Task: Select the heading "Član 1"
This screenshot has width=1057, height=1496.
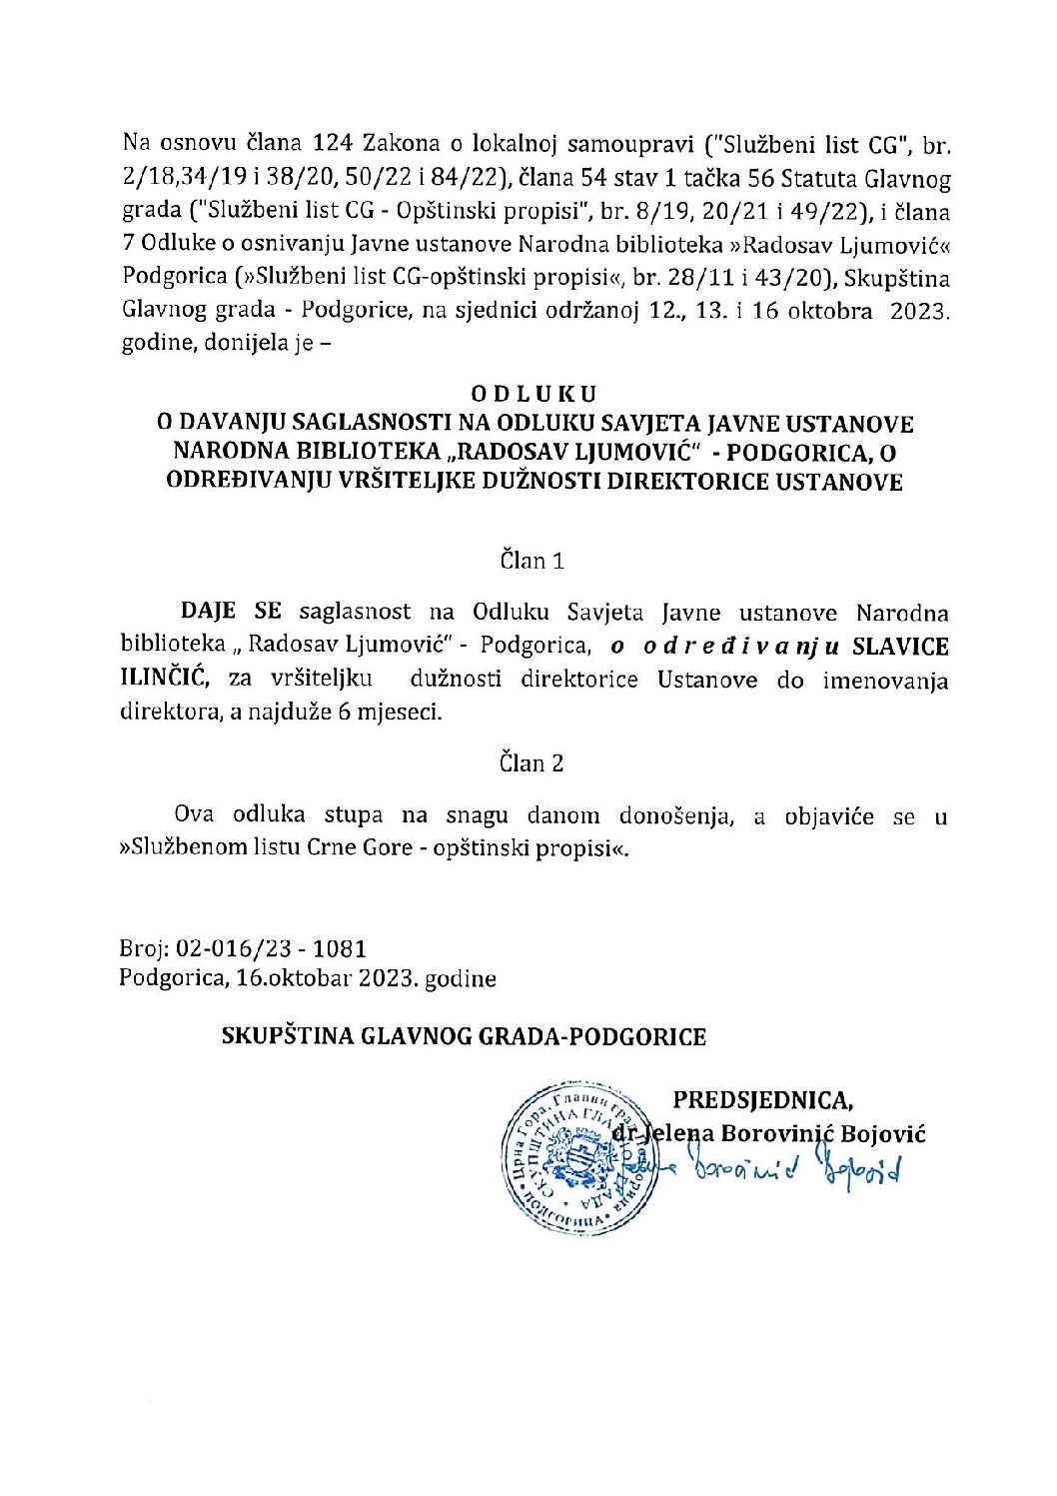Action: point(532,561)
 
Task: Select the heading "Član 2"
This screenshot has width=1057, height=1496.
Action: point(532,763)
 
